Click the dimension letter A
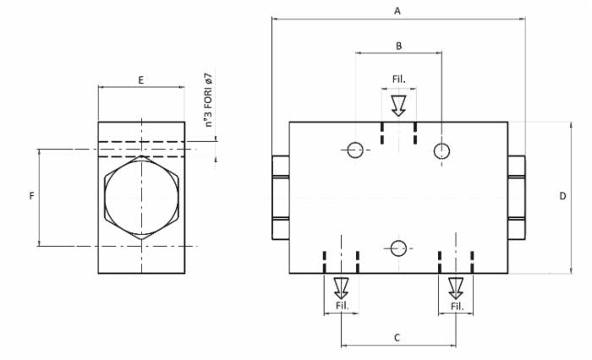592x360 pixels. point(397,10)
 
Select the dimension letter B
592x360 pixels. point(398,45)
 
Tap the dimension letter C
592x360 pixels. point(397,337)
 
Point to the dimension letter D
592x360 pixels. point(562,196)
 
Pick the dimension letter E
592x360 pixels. point(140,79)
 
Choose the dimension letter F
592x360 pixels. point(31,196)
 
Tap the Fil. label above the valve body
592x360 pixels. point(398,79)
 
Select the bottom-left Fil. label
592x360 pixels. point(342,305)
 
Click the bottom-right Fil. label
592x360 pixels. point(457,305)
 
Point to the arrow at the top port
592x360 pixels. point(398,105)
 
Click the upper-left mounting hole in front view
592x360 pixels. point(354,150)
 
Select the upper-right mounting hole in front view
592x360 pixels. point(441,150)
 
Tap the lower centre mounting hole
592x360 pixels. point(398,248)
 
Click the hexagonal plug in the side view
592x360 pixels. point(141,197)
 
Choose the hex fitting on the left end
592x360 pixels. point(281,196)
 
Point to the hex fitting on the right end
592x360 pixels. point(517,196)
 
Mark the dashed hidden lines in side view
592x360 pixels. point(141,149)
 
